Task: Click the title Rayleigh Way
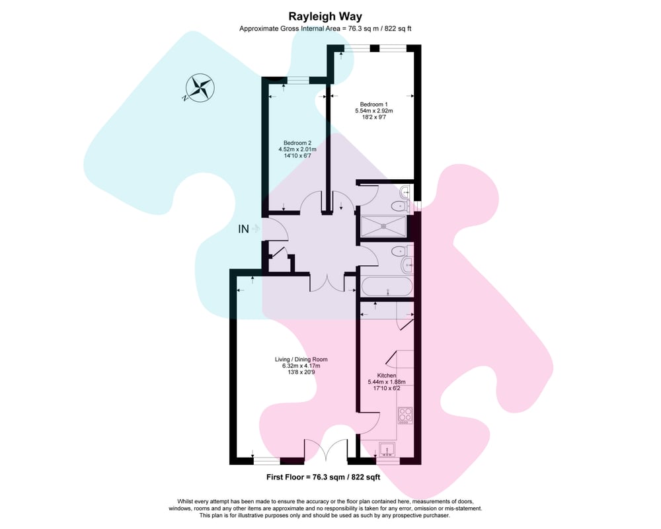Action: point(325,17)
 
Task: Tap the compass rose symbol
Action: point(200,88)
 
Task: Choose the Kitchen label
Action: point(387,376)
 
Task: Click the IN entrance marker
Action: point(244,229)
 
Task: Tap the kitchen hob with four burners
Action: point(406,415)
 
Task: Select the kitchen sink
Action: point(387,449)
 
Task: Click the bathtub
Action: point(387,287)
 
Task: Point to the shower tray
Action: point(383,227)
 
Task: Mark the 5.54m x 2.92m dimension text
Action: point(374,111)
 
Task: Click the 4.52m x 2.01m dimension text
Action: point(297,149)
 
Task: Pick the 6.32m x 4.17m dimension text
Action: point(301,366)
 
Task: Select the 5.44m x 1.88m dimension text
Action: point(387,382)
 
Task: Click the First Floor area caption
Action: point(323,477)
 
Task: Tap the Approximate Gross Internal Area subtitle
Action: point(325,28)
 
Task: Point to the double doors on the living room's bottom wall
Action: point(327,450)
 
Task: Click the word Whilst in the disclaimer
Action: point(186,502)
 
